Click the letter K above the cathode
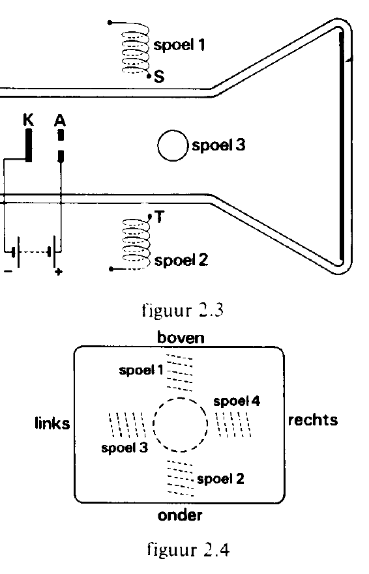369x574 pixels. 28,119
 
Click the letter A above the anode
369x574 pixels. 60,120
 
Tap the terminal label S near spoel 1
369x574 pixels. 159,77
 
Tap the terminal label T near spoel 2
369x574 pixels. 159,217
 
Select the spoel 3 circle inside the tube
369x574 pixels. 158,146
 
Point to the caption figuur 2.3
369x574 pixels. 183,310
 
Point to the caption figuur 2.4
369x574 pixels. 188,549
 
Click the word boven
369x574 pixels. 181,337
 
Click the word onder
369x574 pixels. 180,515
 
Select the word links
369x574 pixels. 52,423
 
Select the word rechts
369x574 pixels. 312,420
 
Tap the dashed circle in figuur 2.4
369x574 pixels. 153,425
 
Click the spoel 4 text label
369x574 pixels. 237,401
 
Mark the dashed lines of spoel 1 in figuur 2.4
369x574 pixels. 179,372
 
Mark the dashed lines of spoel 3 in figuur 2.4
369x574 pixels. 127,425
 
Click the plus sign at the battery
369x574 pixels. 58,272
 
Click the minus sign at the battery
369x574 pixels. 8,271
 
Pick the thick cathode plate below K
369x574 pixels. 28,146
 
